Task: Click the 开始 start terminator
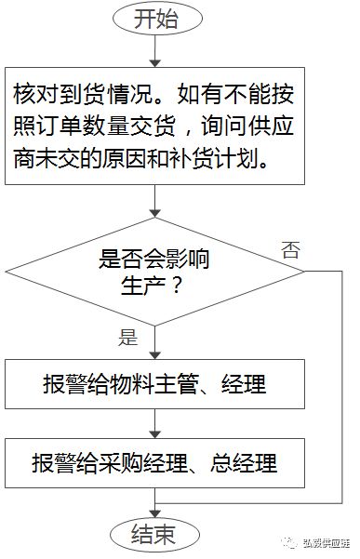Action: [154, 18]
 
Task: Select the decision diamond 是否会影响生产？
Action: [153, 272]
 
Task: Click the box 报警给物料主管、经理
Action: [153, 384]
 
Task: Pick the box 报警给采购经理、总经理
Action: [153, 461]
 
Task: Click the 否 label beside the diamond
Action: [290, 248]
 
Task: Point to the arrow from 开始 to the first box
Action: [154, 51]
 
